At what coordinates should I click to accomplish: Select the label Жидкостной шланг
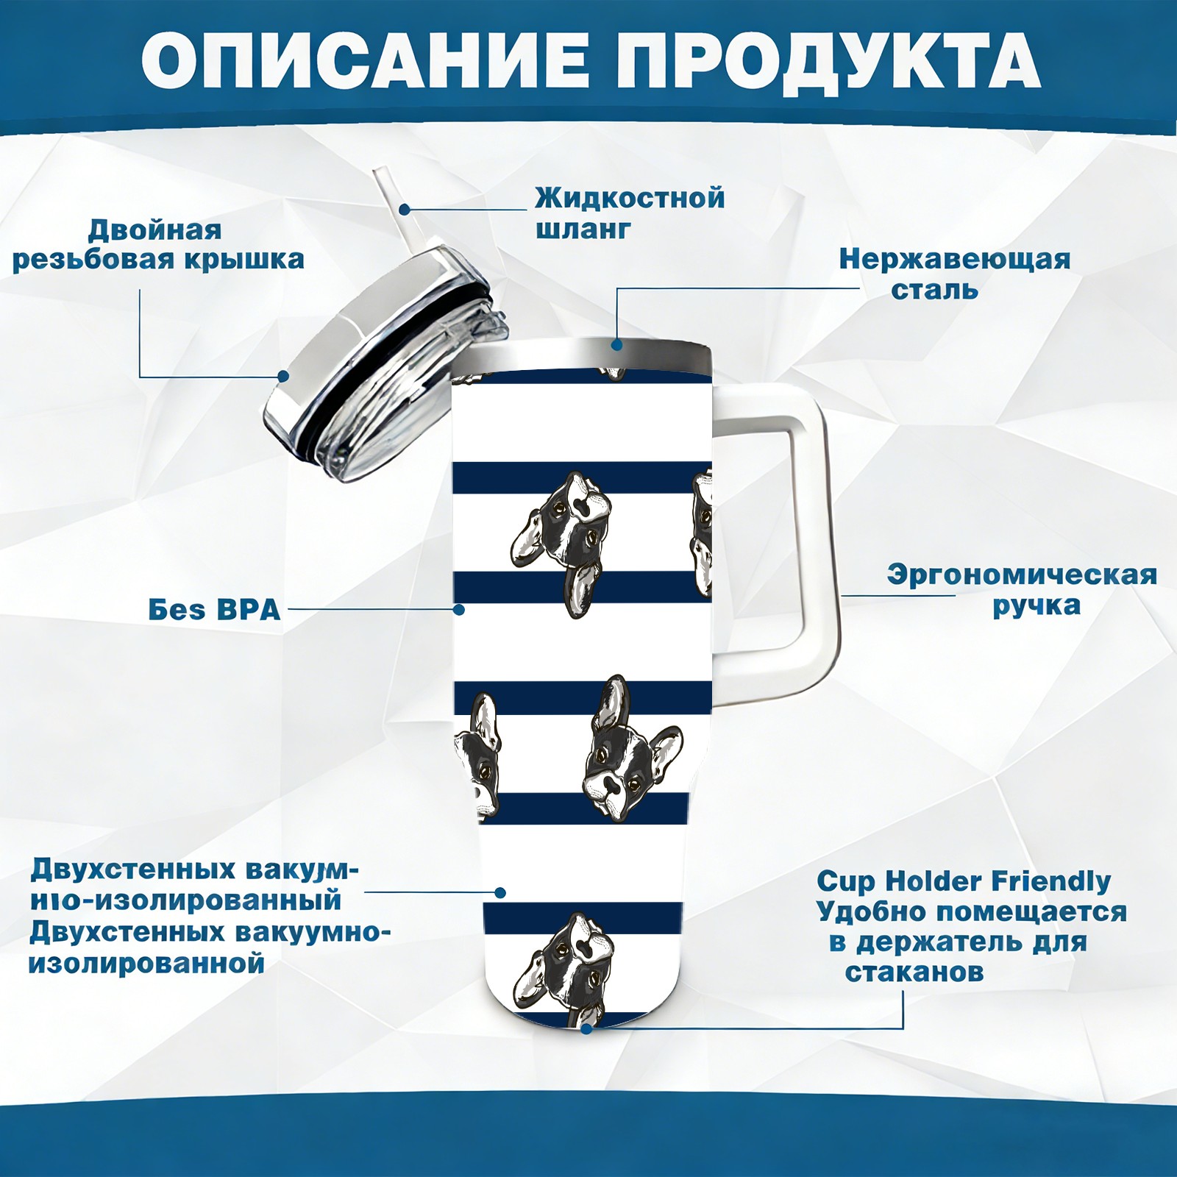coord(630,213)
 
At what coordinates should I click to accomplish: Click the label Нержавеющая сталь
coord(955,274)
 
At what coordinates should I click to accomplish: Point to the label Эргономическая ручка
coord(1022,590)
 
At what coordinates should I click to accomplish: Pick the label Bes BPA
coord(214,610)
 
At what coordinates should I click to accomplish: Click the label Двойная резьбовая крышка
coord(158,244)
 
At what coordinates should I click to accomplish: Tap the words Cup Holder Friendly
coord(964,881)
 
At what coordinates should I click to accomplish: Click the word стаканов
coord(914,972)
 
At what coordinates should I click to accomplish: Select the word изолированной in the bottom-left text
coord(146,963)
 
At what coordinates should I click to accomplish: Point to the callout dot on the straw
coord(404,210)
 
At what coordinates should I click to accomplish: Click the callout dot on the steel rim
coord(616,344)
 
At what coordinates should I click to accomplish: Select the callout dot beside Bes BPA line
coord(459,609)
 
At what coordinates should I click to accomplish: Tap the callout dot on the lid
coord(282,377)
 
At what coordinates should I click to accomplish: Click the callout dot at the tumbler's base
coord(586,1028)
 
